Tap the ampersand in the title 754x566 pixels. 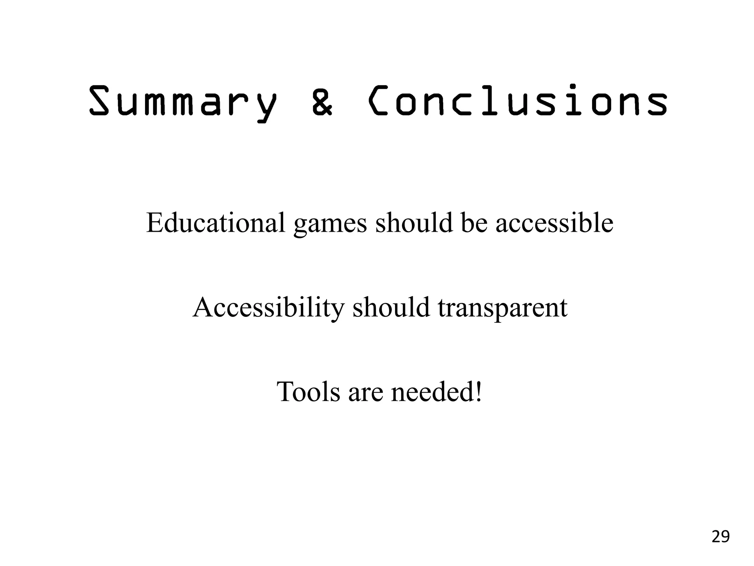tap(323, 101)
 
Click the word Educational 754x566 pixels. tap(216, 223)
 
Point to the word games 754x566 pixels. tap(330, 225)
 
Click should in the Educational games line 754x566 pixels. tap(414, 223)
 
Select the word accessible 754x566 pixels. tap(554, 223)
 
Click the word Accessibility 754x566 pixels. tap(268, 308)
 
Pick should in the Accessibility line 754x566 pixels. tap(391, 307)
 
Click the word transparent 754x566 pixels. tap(503, 309)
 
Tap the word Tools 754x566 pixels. tap(308, 392)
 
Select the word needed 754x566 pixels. tap(432, 392)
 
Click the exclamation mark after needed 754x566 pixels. tap(479, 392)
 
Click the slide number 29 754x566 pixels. tap(720, 537)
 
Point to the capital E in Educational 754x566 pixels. tap(155, 223)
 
